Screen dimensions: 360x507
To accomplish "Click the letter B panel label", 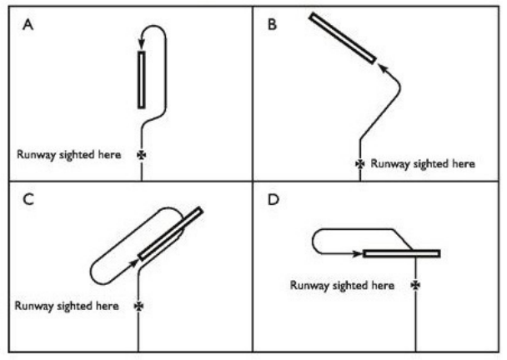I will click(x=271, y=25).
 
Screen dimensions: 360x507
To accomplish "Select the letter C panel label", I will click(x=28, y=201).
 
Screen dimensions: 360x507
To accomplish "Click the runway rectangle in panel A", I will click(x=142, y=79).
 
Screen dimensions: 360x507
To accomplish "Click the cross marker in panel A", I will click(x=141, y=154).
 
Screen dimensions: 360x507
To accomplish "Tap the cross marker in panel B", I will click(x=360, y=164).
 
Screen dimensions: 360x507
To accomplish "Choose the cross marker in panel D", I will click(x=415, y=285).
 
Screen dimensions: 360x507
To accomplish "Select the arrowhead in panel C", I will click(x=136, y=259).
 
